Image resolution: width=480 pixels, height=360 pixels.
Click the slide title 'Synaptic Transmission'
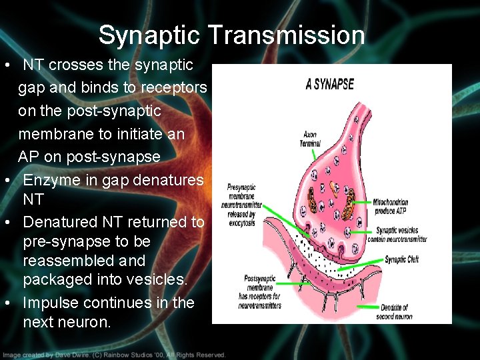[x=231, y=35]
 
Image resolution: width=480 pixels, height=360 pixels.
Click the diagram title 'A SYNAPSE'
[x=329, y=85]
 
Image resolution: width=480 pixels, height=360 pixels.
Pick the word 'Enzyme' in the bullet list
[x=51, y=180]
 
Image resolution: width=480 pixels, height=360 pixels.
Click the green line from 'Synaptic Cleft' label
[x=360, y=265]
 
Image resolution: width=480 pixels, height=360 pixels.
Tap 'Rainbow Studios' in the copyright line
[x=133, y=355]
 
